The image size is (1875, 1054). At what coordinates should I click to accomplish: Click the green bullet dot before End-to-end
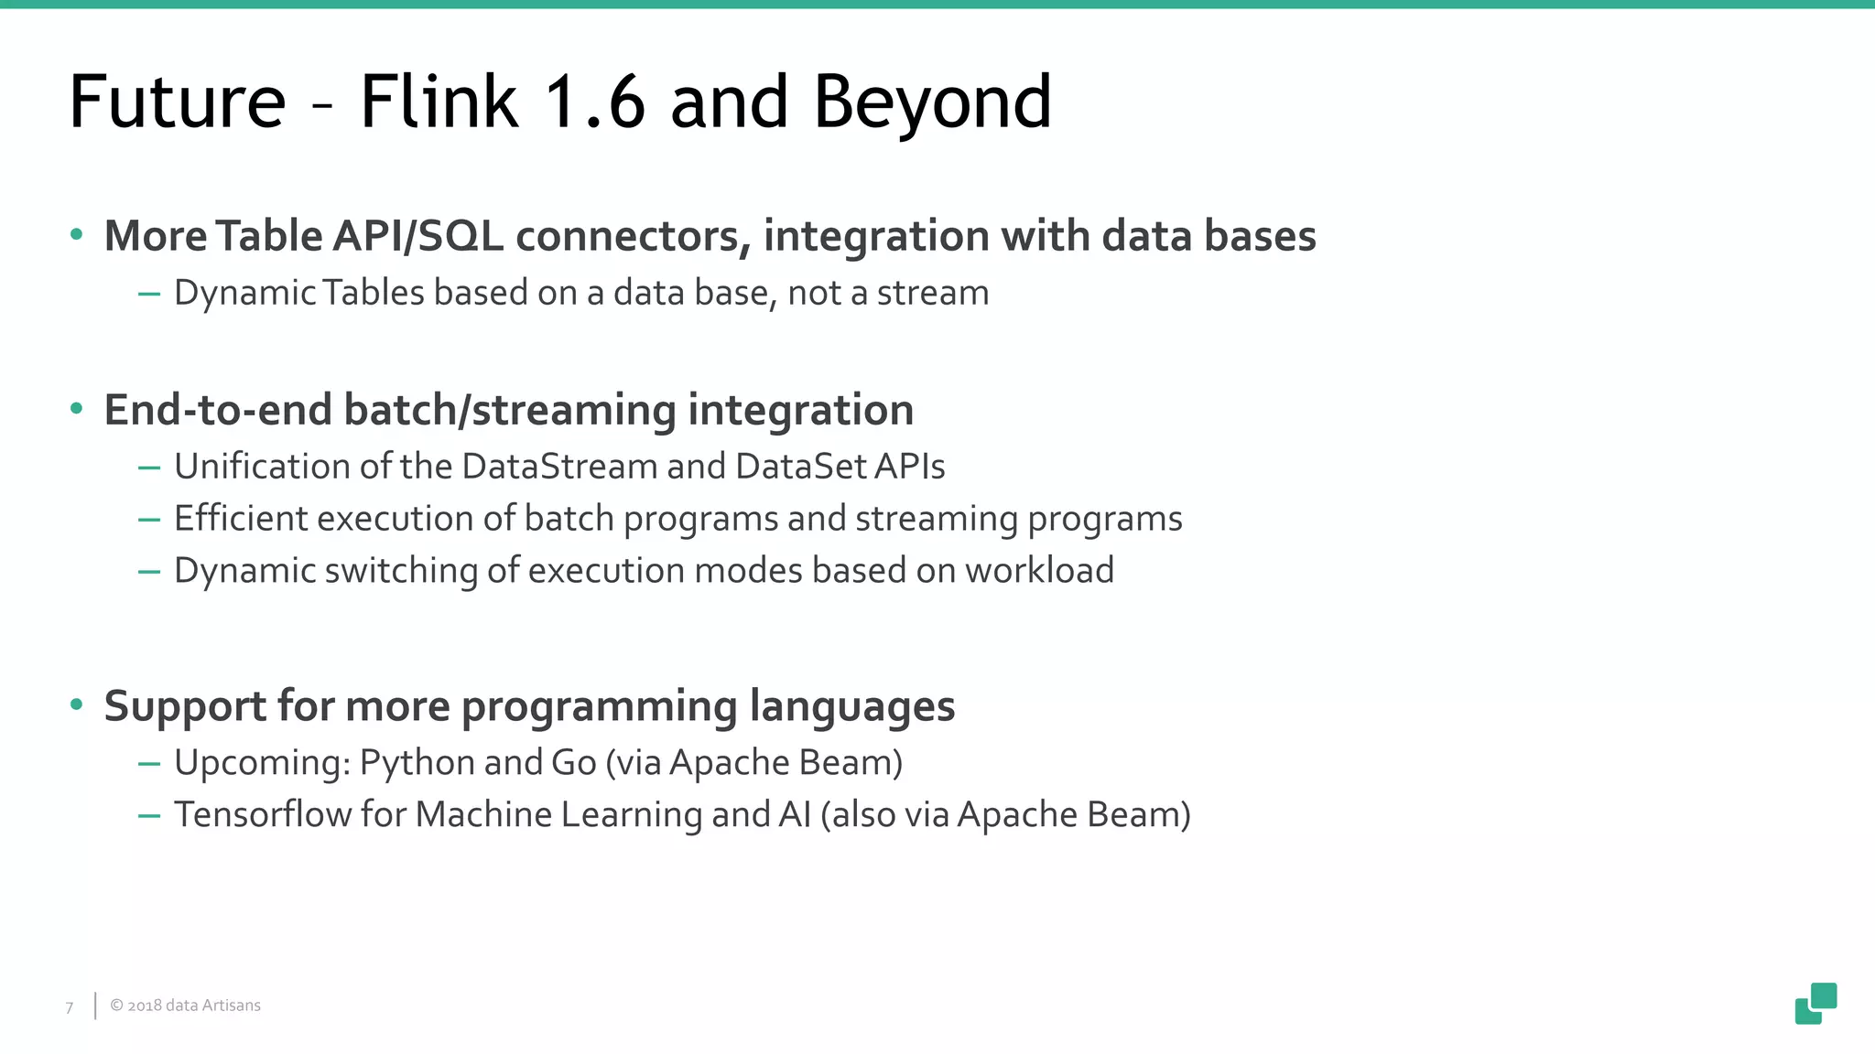pos(77,409)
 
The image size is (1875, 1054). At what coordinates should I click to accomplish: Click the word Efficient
pos(241,519)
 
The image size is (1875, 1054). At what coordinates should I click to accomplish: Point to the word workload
pos(1039,571)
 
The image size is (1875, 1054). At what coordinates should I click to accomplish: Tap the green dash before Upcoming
pos(149,763)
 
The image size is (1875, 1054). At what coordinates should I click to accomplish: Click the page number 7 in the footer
pos(70,1007)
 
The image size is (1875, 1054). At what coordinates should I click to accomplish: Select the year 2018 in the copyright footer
pos(145,1006)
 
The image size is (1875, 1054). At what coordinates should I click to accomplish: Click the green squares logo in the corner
pos(1815,1004)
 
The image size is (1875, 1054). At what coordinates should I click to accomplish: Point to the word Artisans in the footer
pos(231,1006)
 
